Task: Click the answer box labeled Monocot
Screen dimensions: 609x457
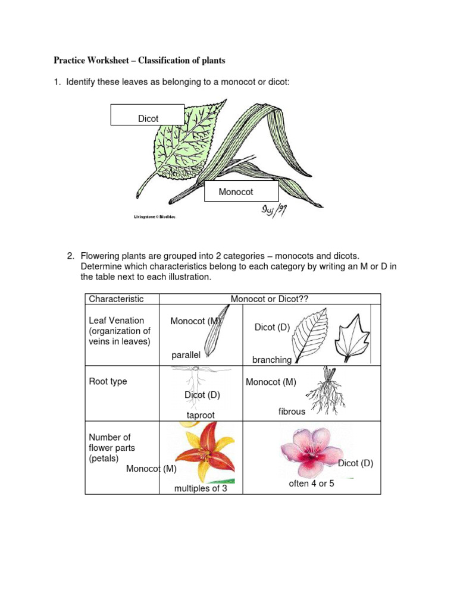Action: click(x=241, y=192)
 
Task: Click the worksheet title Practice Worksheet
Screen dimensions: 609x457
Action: click(x=139, y=61)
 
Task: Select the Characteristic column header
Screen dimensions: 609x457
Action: click(x=116, y=299)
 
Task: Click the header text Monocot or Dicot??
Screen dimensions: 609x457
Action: click(x=270, y=299)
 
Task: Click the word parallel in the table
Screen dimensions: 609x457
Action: click(x=186, y=355)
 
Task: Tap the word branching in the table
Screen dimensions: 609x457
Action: click(x=272, y=360)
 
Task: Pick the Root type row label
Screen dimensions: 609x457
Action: click(x=108, y=381)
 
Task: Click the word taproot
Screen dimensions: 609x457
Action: click(x=201, y=415)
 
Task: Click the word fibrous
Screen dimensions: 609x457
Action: click(x=292, y=412)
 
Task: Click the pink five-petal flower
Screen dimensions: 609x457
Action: click(x=313, y=453)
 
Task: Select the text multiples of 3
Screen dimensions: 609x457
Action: click(x=201, y=488)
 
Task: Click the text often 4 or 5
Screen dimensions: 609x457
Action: click(x=311, y=484)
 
